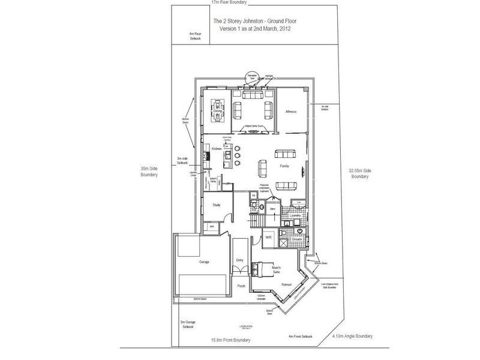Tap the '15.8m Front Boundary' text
point(230,340)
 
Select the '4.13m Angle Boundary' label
point(352,337)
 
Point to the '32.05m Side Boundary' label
point(359,173)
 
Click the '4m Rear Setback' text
point(195,36)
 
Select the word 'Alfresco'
point(292,112)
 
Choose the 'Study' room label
point(217,206)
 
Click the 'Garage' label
point(196,263)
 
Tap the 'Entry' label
point(240,260)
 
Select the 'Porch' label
point(241,286)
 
